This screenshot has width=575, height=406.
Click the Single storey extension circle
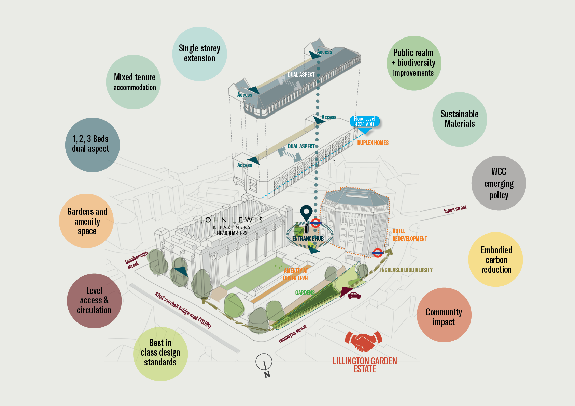(x=200, y=54)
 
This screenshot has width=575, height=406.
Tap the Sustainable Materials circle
(x=460, y=119)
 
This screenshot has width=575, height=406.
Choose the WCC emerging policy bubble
(x=499, y=183)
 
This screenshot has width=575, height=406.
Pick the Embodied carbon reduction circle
(x=496, y=259)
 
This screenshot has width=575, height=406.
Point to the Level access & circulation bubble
(x=94, y=301)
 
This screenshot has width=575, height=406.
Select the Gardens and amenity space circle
(x=86, y=221)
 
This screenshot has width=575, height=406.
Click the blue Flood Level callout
(x=365, y=122)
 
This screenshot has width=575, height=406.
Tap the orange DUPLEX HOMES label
(x=373, y=143)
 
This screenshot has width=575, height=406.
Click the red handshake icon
(x=363, y=342)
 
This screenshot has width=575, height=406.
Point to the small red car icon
(x=354, y=295)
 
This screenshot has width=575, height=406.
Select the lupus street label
(x=455, y=209)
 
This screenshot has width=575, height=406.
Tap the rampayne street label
(x=293, y=334)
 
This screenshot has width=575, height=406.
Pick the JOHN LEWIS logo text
(x=232, y=220)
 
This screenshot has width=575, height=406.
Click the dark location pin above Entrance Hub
(x=306, y=213)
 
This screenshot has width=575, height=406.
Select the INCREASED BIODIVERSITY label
(x=406, y=270)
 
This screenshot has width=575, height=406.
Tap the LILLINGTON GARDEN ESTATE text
(x=365, y=365)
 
